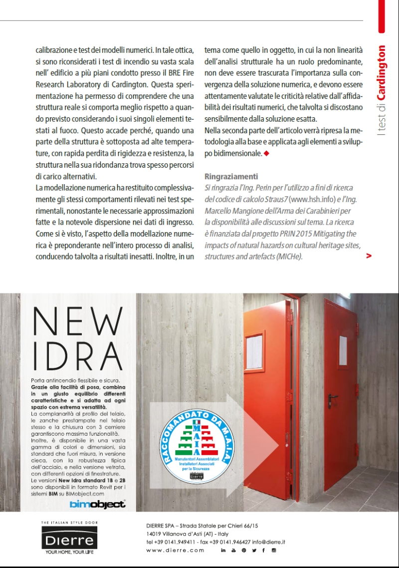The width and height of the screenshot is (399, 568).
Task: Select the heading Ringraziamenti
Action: [231, 177]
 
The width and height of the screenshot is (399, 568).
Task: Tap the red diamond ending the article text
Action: [266, 154]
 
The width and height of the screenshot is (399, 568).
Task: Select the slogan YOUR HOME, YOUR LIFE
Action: [69, 553]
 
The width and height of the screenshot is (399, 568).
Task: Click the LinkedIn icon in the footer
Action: [223, 550]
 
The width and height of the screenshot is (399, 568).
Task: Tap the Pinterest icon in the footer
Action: [243, 550]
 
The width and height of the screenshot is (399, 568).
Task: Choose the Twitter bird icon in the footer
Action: [254, 550]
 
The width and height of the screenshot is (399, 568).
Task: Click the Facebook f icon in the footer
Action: [264, 550]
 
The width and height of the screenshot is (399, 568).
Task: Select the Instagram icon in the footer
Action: [274, 550]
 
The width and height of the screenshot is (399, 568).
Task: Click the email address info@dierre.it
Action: [269, 542]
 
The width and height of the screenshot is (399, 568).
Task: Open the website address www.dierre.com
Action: [175, 550]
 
